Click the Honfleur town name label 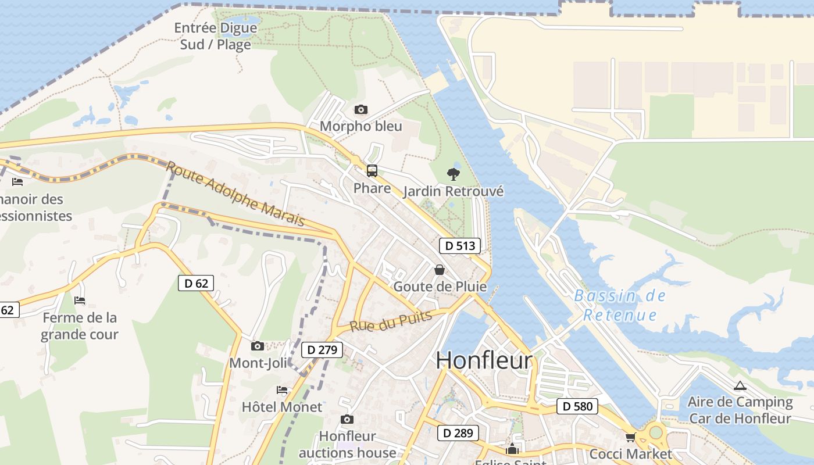[484, 360]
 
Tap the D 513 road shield [460, 246]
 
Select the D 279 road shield [322, 350]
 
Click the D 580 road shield [578, 406]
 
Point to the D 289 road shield [458, 433]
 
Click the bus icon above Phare [372, 171]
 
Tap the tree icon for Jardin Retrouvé [453, 174]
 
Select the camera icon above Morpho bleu [360, 109]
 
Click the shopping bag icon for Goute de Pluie [440, 270]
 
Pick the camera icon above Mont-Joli [257, 346]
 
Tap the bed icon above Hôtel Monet [282, 390]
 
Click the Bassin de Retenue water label [620, 306]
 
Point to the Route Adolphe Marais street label [235, 194]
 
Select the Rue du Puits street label [391, 321]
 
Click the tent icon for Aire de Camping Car [740, 385]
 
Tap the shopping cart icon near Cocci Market [630, 437]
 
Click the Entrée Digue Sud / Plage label [216, 36]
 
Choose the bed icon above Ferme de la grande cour [80, 301]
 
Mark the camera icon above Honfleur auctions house [347, 419]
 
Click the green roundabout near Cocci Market [656, 432]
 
